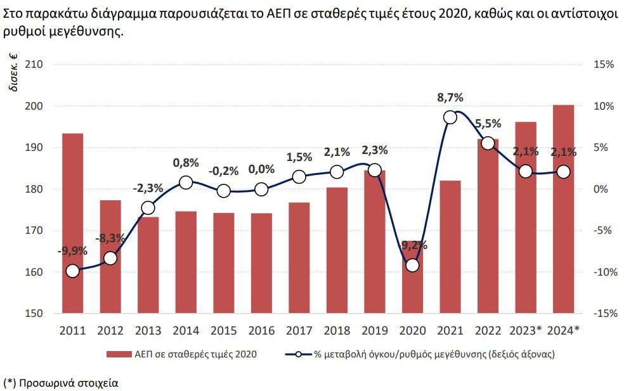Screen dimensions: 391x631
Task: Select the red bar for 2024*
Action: pos(563,209)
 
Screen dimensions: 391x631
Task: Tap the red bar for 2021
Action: pos(450,247)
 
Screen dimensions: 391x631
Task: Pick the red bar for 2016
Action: pos(261,263)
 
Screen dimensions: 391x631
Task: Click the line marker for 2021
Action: pos(450,117)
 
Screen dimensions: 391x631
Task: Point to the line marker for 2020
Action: pos(412,266)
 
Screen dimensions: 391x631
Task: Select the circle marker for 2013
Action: pos(148,208)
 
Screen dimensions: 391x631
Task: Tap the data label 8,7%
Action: pos(450,98)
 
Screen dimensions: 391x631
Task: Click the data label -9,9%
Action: pos(72,252)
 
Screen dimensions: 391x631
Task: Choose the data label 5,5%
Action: pos(488,124)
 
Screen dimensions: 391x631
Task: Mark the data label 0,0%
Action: pos(261,169)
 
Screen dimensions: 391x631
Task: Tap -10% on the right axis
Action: pos(602,272)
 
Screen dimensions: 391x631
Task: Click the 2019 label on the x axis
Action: pos(374,330)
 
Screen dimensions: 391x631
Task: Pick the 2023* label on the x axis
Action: pos(525,330)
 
